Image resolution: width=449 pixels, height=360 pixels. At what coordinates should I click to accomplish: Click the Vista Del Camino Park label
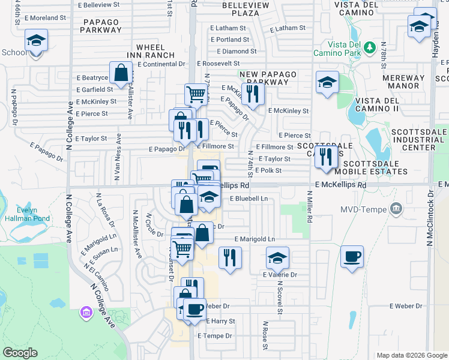pyautogui.click(x=346, y=49)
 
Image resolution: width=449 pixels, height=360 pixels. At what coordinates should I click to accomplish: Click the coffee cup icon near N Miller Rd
pyautogui.click(x=352, y=256)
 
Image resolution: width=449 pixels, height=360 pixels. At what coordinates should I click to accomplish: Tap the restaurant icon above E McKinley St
pyautogui.click(x=253, y=94)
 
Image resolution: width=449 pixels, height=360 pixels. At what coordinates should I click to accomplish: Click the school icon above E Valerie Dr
pyautogui.click(x=277, y=257)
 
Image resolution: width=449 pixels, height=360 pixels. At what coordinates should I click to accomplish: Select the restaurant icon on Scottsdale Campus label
pyautogui.click(x=325, y=157)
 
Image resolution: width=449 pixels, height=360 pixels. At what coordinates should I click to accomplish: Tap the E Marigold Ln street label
pyautogui.click(x=255, y=239)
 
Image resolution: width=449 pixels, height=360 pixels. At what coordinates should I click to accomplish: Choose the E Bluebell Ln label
pyautogui.click(x=249, y=198)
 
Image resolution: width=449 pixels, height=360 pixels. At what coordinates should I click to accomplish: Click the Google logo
pyautogui.click(x=20, y=353)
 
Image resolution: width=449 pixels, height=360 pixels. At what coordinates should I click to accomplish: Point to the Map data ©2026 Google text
pyautogui.click(x=412, y=355)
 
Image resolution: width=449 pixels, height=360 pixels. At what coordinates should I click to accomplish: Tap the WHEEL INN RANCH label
pyautogui.click(x=151, y=51)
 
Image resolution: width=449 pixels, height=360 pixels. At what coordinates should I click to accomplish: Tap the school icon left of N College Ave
pyautogui.click(x=36, y=41)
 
